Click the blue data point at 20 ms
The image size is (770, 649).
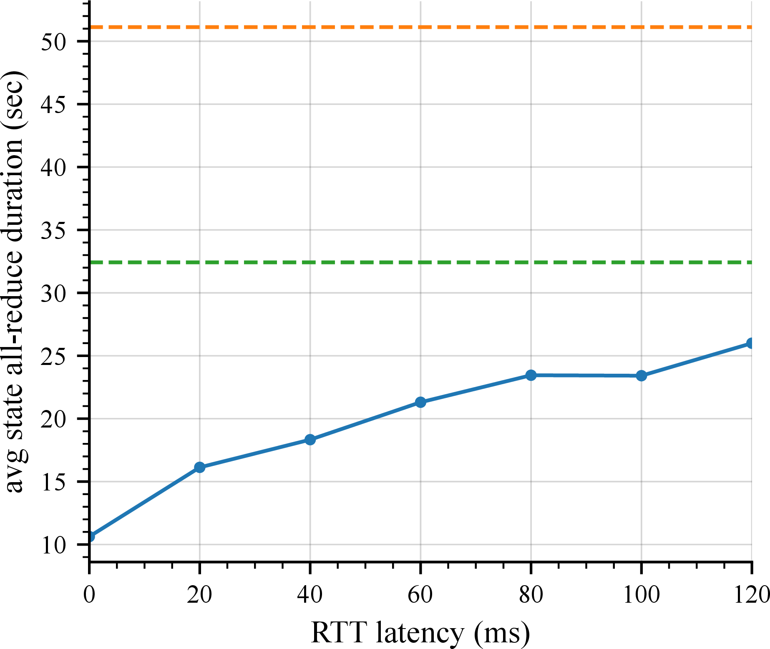(x=200, y=467)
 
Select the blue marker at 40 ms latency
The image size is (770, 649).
(x=310, y=440)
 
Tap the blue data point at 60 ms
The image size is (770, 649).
(x=420, y=402)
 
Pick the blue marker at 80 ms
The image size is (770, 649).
(x=531, y=375)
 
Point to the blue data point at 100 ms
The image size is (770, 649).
(x=642, y=376)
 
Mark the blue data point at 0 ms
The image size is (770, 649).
(x=90, y=536)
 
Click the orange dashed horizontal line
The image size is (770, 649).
(x=420, y=27)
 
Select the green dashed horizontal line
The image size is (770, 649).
(x=420, y=262)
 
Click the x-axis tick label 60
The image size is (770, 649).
(x=420, y=594)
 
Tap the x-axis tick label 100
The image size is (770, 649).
(x=641, y=594)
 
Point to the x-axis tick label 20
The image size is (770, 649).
(x=199, y=594)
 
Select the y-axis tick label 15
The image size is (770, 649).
(x=53, y=483)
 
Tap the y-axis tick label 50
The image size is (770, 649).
(x=53, y=42)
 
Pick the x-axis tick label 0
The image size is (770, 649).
(x=89, y=594)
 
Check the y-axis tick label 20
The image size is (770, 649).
(x=53, y=420)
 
